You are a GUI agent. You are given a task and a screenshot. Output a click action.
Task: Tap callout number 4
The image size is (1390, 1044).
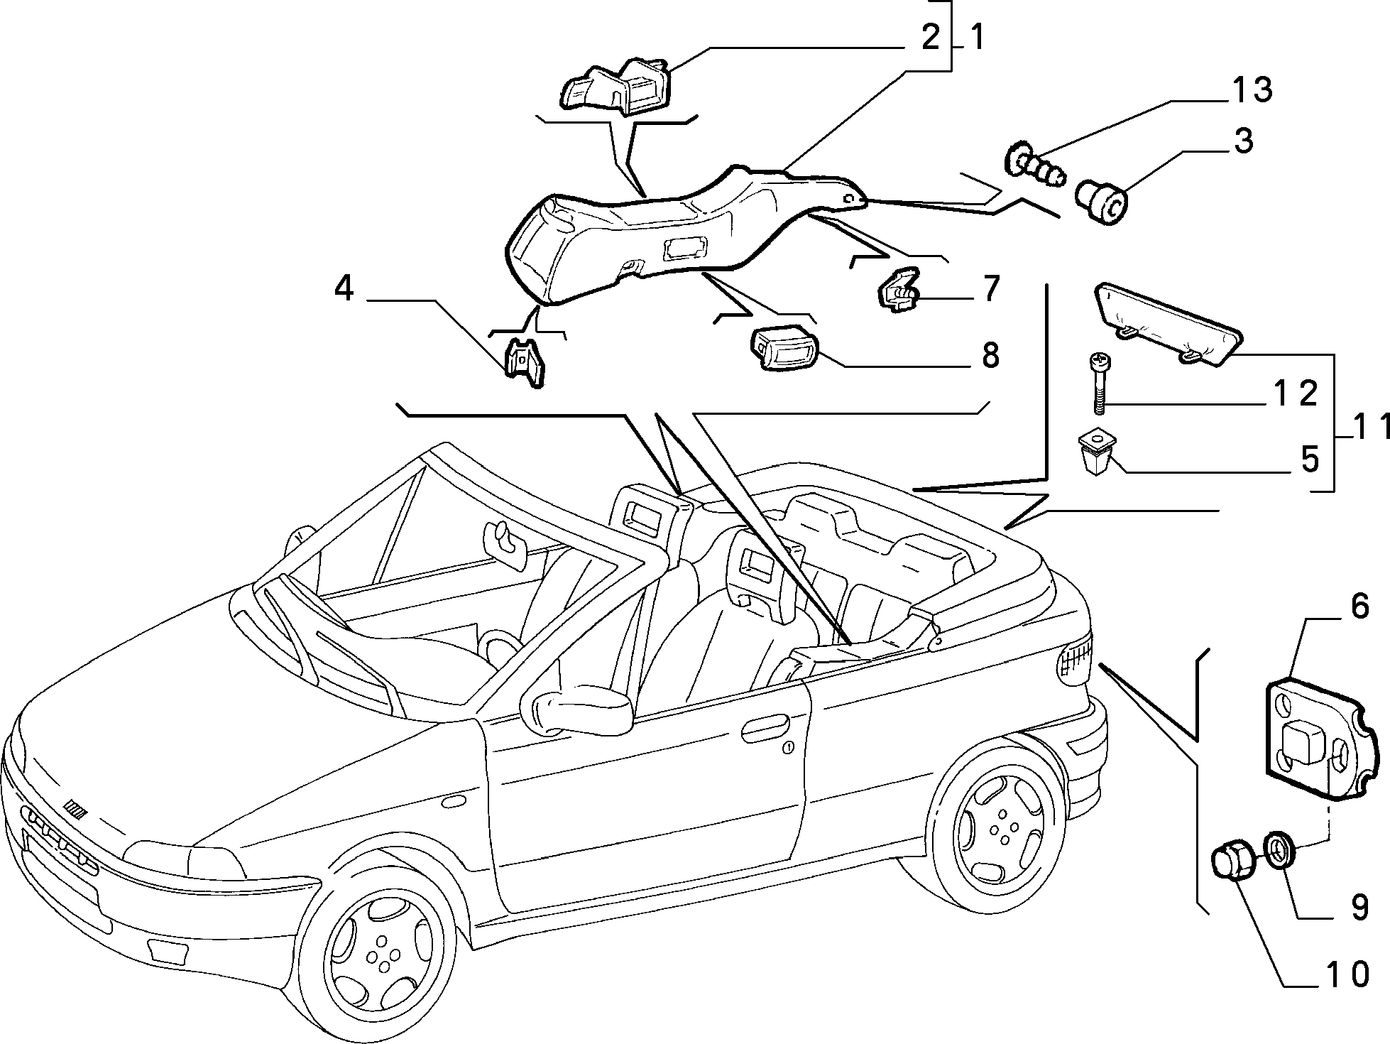click(344, 289)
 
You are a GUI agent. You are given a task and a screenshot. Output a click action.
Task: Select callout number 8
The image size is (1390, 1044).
click(990, 354)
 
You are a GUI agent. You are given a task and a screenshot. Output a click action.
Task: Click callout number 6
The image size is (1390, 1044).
click(1358, 608)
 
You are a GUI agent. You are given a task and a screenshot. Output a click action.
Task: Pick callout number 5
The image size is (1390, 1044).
click(1309, 460)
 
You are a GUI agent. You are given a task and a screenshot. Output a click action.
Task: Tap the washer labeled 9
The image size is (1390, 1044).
click(1281, 850)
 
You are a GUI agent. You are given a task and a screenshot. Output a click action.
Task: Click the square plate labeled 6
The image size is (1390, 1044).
click(1320, 741)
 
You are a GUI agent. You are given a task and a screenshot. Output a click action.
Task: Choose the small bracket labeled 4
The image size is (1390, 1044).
click(525, 362)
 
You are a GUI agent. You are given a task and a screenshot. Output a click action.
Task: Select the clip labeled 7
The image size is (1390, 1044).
click(899, 291)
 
